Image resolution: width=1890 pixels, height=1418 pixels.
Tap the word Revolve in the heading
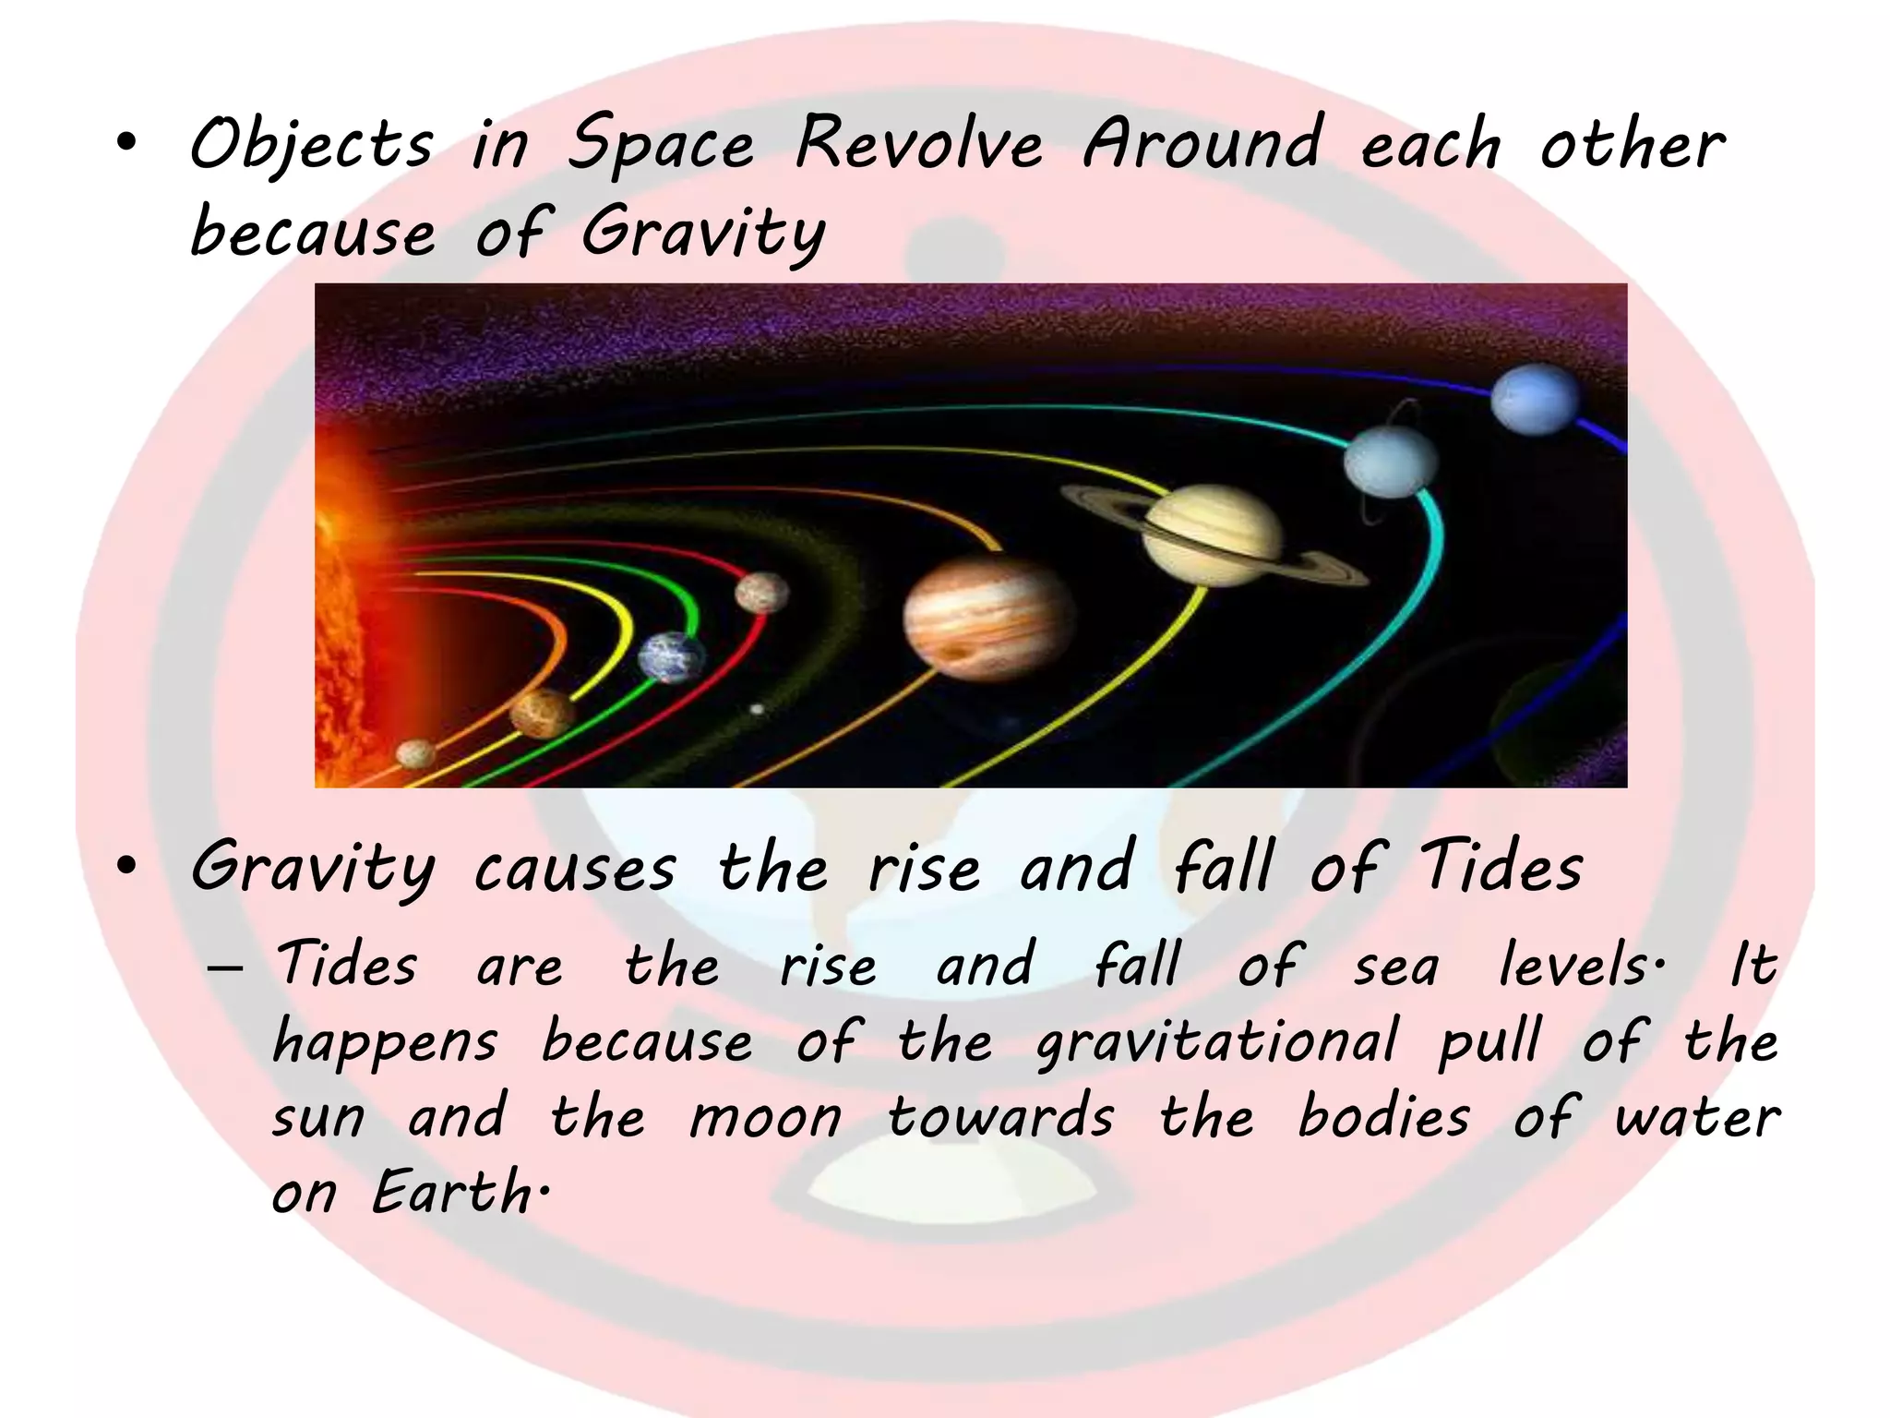[x=919, y=144]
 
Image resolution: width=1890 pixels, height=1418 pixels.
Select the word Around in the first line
[x=1202, y=144]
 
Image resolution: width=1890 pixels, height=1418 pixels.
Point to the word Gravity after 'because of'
[x=703, y=233]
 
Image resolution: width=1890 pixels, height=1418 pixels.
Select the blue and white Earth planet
[x=671, y=656]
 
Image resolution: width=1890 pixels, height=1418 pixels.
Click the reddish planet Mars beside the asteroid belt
[x=762, y=592]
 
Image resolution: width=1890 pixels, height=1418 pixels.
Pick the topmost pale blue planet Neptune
[x=1535, y=399]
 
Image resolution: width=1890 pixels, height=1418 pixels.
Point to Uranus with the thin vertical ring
[x=1391, y=461]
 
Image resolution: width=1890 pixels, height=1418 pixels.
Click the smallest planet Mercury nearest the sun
[x=415, y=753]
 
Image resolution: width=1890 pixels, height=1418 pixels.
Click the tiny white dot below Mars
[x=757, y=709]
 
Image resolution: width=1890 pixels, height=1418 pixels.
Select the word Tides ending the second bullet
[x=1501, y=868]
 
